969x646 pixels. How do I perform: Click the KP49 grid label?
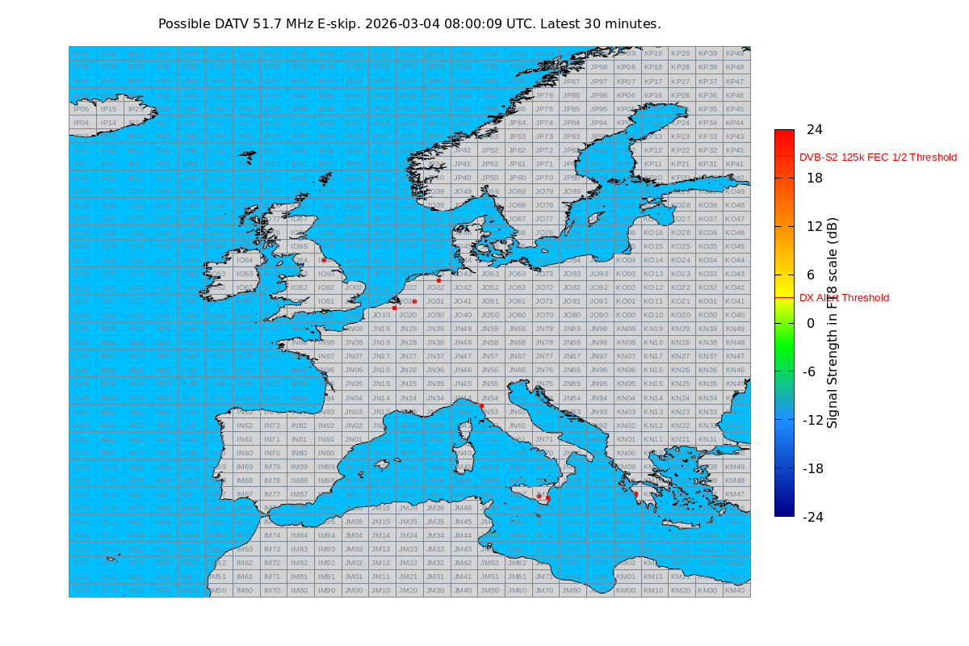(735, 53)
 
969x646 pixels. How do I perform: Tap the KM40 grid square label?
(735, 590)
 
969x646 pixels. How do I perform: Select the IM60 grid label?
(245, 590)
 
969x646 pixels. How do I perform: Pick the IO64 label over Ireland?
(245, 260)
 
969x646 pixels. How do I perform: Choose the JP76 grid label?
(544, 94)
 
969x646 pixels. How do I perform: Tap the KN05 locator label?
(626, 384)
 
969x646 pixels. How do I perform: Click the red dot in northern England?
(324, 260)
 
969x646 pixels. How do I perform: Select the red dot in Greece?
(636, 493)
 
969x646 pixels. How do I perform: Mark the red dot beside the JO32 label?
(438, 280)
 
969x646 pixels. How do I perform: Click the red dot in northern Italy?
(481, 405)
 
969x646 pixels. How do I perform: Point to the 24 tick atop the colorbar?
(814, 129)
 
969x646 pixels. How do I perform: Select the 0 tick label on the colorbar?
(810, 323)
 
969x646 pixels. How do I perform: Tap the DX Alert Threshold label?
(844, 298)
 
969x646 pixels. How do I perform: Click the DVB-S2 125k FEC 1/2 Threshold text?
(878, 157)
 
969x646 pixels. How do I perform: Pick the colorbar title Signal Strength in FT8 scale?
(833, 323)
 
